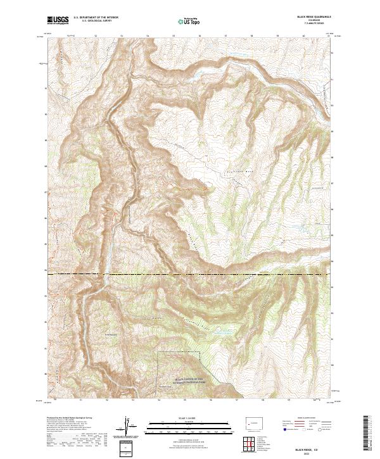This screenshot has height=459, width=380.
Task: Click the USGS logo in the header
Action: (x=58, y=20)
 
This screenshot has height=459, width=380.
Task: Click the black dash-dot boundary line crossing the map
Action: (x=190, y=274)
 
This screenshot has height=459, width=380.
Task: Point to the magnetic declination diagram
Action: (x=129, y=425)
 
